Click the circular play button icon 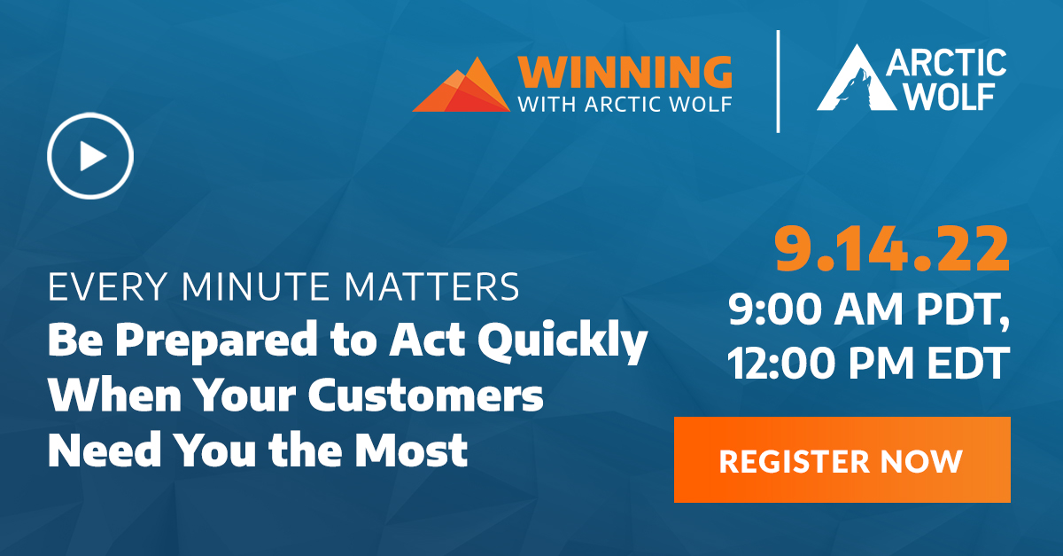(x=90, y=156)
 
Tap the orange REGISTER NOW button (x=842, y=459)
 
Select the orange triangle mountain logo (x=462, y=85)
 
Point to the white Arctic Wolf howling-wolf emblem (x=849, y=82)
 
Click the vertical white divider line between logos (x=778, y=82)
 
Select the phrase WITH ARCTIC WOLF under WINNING (x=625, y=104)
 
